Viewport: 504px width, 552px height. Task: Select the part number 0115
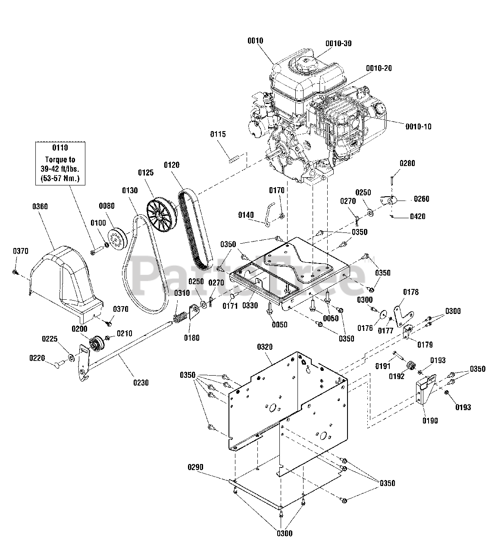218,134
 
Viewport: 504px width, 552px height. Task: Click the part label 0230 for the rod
141,382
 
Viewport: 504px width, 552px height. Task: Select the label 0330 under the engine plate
250,305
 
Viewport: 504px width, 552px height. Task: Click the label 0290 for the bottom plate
195,467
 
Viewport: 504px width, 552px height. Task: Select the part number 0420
417,216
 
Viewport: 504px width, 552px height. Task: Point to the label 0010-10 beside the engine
418,126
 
